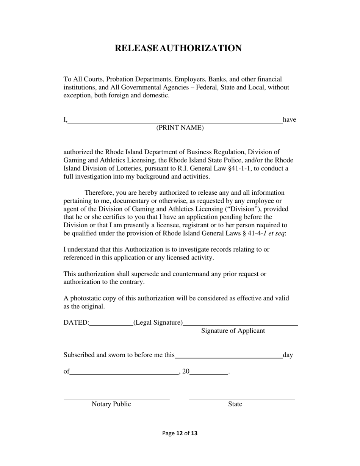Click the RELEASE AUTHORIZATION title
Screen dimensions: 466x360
pyautogui.click(x=178, y=48)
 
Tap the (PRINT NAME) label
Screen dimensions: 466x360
pyautogui.click(x=180, y=128)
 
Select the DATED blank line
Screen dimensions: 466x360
pyautogui.click(x=111, y=325)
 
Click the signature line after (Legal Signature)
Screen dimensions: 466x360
pyautogui.click(x=240, y=325)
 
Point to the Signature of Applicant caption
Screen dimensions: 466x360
pyautogui.click(x=233, y=331)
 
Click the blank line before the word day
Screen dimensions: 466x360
pyautogui.click(x=229, y=357)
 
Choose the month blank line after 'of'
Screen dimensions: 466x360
pyautogui.click(x=124, y=374)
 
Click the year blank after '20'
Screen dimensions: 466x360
pyautogui.click(x=209, y=374)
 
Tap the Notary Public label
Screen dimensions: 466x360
pyautogui.click(x=111, y=404)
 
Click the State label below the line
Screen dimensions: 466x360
pyautogui.click(x=235, y=404)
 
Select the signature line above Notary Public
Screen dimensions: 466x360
pyautogui.click(x=116, y=399)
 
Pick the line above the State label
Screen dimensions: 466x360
pyautogui.click(x=242, y=399)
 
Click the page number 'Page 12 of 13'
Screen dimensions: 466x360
pyautogui.click(x=180, y=433)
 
